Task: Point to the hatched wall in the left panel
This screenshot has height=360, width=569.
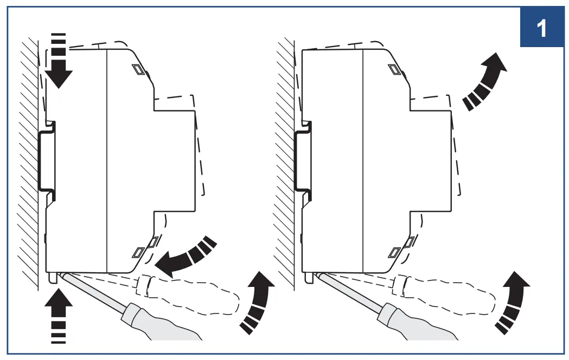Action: (x=27, y=162)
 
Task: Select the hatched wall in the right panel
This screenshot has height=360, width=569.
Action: (x=284, y=162)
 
